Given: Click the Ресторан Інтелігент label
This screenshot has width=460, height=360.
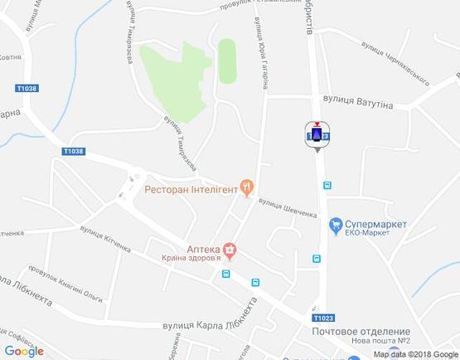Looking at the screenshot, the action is pyautogui.click(x=191, y=189).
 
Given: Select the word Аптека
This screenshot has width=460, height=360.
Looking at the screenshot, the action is pyautogui.click(x=202, y=247).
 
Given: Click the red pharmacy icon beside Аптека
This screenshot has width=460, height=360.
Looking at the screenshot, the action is pyautogui.click(x=229, y=248).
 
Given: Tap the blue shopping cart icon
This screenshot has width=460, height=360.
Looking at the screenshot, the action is pyautogui.click(x=335, y=223).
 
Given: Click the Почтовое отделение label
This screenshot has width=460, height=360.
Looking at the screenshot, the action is pyautogui.click(x=361, y=331).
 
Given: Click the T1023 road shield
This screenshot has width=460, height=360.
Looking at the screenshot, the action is pyautogui.click(x=324, y=318).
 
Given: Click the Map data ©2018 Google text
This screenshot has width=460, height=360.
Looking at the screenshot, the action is pyautogui.click(x=415, y=353).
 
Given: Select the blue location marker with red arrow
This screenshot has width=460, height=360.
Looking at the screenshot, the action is pyautogui.click(x=317, y=135).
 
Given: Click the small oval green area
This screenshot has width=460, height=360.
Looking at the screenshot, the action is pyautogui.click(x=226, y=61).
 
